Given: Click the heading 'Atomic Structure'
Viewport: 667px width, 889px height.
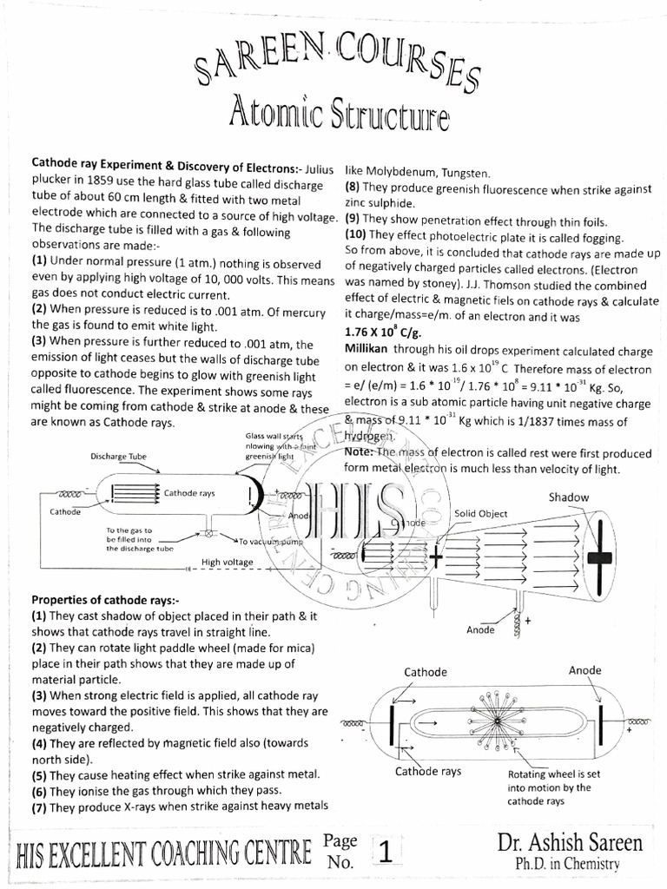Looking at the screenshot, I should click(x=338, y=112).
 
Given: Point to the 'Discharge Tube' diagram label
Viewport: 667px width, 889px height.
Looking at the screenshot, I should click(x=119, y=455).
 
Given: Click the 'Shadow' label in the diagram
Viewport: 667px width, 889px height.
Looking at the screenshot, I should click(x=569, y=497).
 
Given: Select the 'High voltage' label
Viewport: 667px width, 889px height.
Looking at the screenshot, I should click(x=228, y=563).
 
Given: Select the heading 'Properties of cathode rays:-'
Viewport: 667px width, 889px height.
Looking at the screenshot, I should click(x=105, y=600).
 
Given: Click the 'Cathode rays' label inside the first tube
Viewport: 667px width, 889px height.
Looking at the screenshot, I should click(x=189, y=493).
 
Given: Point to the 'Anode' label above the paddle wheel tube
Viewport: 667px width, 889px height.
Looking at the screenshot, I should click(x=584, y=670).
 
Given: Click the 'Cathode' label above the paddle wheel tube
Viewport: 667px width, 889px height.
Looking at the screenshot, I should click(x=426, y=672).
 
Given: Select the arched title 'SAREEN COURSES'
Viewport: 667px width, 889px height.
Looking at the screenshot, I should click(x=334, y=63).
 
